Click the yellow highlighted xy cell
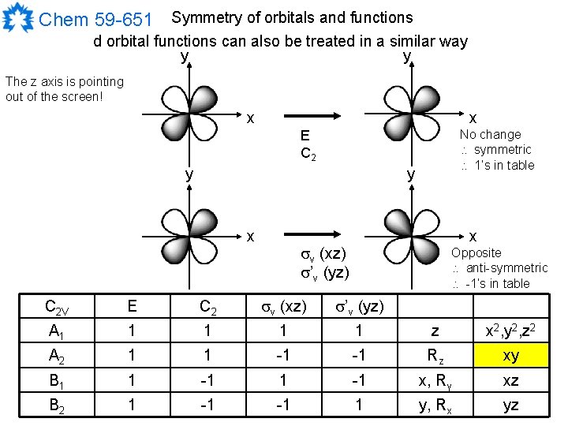[511, 356]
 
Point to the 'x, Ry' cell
[435, 381]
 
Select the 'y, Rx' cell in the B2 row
[435, 405]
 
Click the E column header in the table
[132, 308]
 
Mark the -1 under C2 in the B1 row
[207, 381]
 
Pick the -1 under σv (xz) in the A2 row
[282, 356]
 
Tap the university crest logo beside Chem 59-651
[17, 18]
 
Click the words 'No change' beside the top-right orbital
[490, 134]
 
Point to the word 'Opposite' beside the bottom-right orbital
[476, 252]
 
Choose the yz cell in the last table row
[511, 405]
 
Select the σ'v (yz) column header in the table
[358, 308]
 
